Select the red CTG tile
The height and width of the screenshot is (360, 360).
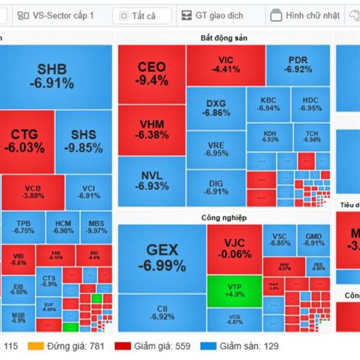27,140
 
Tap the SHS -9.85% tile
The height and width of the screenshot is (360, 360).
83,140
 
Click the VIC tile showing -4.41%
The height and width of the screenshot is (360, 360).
225,65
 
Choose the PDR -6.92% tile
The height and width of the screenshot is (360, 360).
298,65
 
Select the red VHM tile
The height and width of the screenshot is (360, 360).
151,130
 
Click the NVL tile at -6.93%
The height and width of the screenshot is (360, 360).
151,181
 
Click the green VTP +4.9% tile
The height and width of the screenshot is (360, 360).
234,290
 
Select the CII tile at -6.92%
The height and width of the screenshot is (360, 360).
162,312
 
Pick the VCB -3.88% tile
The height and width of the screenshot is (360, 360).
33,191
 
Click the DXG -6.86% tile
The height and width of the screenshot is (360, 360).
215,107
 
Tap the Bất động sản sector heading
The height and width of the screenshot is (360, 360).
224,38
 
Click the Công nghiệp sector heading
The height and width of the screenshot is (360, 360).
224,217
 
